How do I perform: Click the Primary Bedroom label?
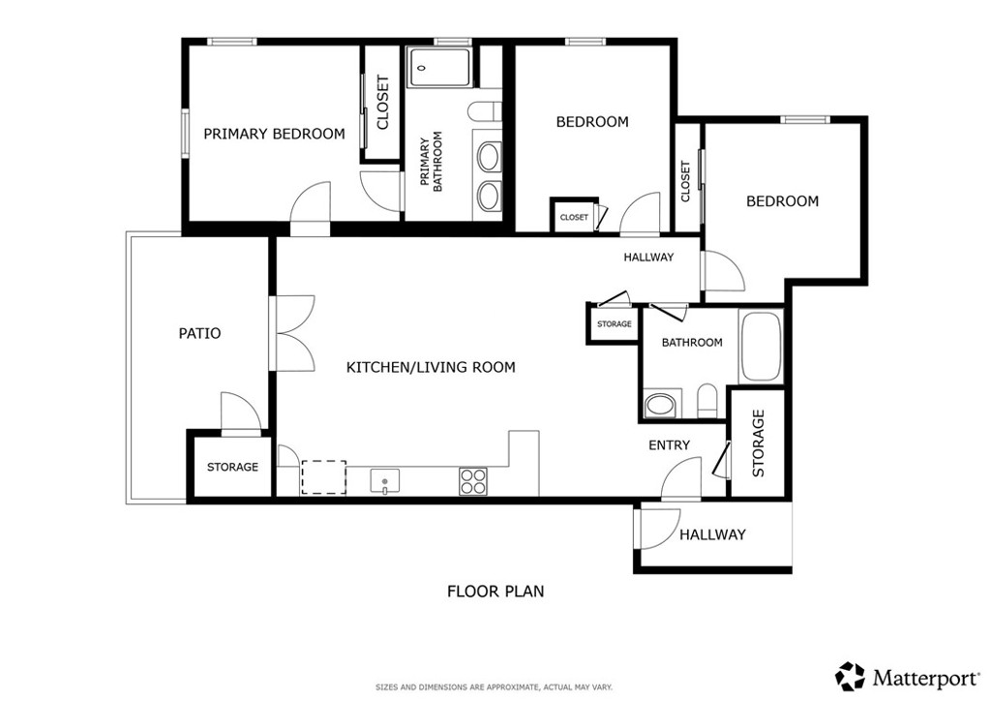[274, 134]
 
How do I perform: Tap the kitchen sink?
[384, 479]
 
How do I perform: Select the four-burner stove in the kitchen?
[473, 480]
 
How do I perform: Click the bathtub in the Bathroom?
[761, 347]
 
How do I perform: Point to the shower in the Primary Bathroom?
[440, 68]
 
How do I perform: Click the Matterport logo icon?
[850, 675]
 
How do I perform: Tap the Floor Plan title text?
[495, 591]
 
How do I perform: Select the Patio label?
[199, 333]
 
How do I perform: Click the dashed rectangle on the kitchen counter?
[323, 477]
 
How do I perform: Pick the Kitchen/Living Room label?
[431, 367]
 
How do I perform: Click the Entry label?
[669, 444]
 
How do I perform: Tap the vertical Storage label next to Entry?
[758, 442]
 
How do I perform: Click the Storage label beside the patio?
[232, 467]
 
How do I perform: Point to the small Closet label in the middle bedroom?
[573, 217]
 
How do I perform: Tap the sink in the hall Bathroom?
[663, 405]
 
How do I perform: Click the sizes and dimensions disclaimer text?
[495, 686]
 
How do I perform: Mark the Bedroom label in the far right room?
[782, 201]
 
